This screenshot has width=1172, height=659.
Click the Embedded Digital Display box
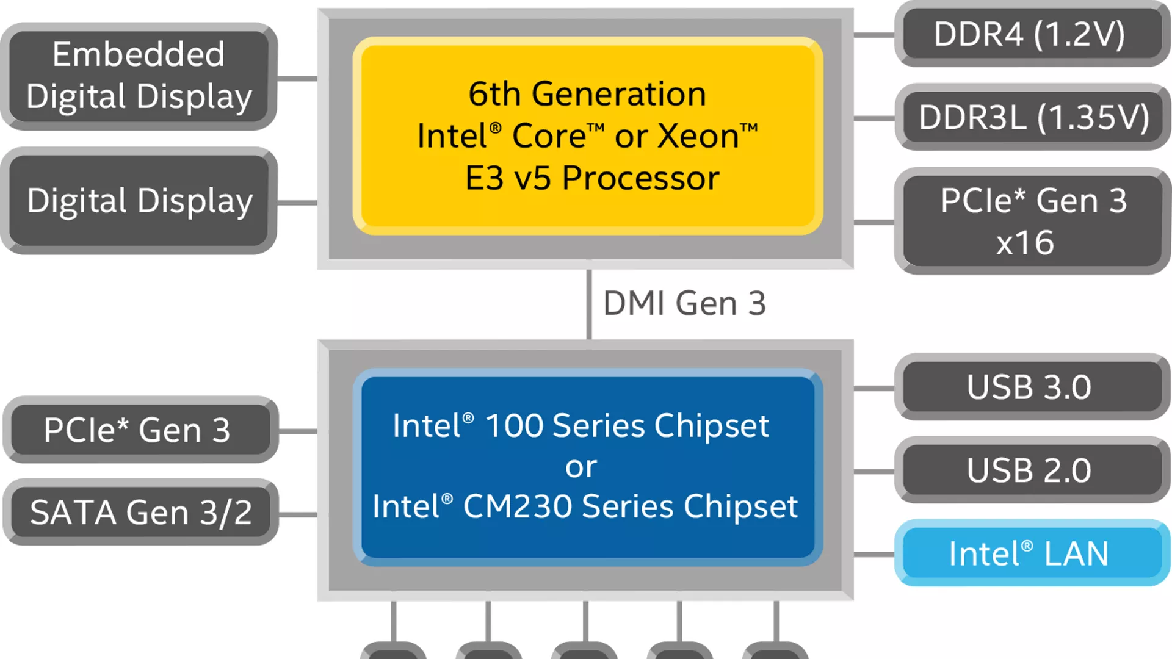pyautogui.click(x=139, y=76)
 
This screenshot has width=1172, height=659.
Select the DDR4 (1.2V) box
pyautogui.click(x=1032, y=34)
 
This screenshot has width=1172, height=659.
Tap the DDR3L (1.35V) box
pyautogui.click(x=1033, y=117)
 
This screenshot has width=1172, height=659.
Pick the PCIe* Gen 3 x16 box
pyautogui.click(x=1032, y=221)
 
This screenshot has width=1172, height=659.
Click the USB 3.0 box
pyautogui.click(x=1032, y=387)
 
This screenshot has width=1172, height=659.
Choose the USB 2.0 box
pyautogui.click(x=1032, y=470)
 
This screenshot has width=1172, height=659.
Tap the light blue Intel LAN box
pyautogui.click(x=1032, y=553)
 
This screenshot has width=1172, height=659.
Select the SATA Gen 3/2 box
pyautogui.click(x=140, y=513)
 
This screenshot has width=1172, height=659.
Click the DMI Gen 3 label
pyautogui.click(x=684, y=303)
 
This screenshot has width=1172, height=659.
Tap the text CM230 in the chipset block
pyautogui.click(x=518, y=506)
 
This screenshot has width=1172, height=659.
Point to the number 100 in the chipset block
pyautogui.click(x=514, y=425)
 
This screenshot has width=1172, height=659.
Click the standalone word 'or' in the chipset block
pyautogui.click(x=581, y=467)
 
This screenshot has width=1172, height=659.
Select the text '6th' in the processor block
pyautogui.click(x=494, y=94)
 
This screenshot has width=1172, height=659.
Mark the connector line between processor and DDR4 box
pyautogui.click(x=874, y=35)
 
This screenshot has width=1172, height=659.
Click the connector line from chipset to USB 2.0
pyautogui.click(x=874, y=471)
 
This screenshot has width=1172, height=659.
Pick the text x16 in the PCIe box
pyautogui.click(x=1025, y=243)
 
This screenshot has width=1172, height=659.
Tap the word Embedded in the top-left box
pyautogui.click(x=139, y=54)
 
